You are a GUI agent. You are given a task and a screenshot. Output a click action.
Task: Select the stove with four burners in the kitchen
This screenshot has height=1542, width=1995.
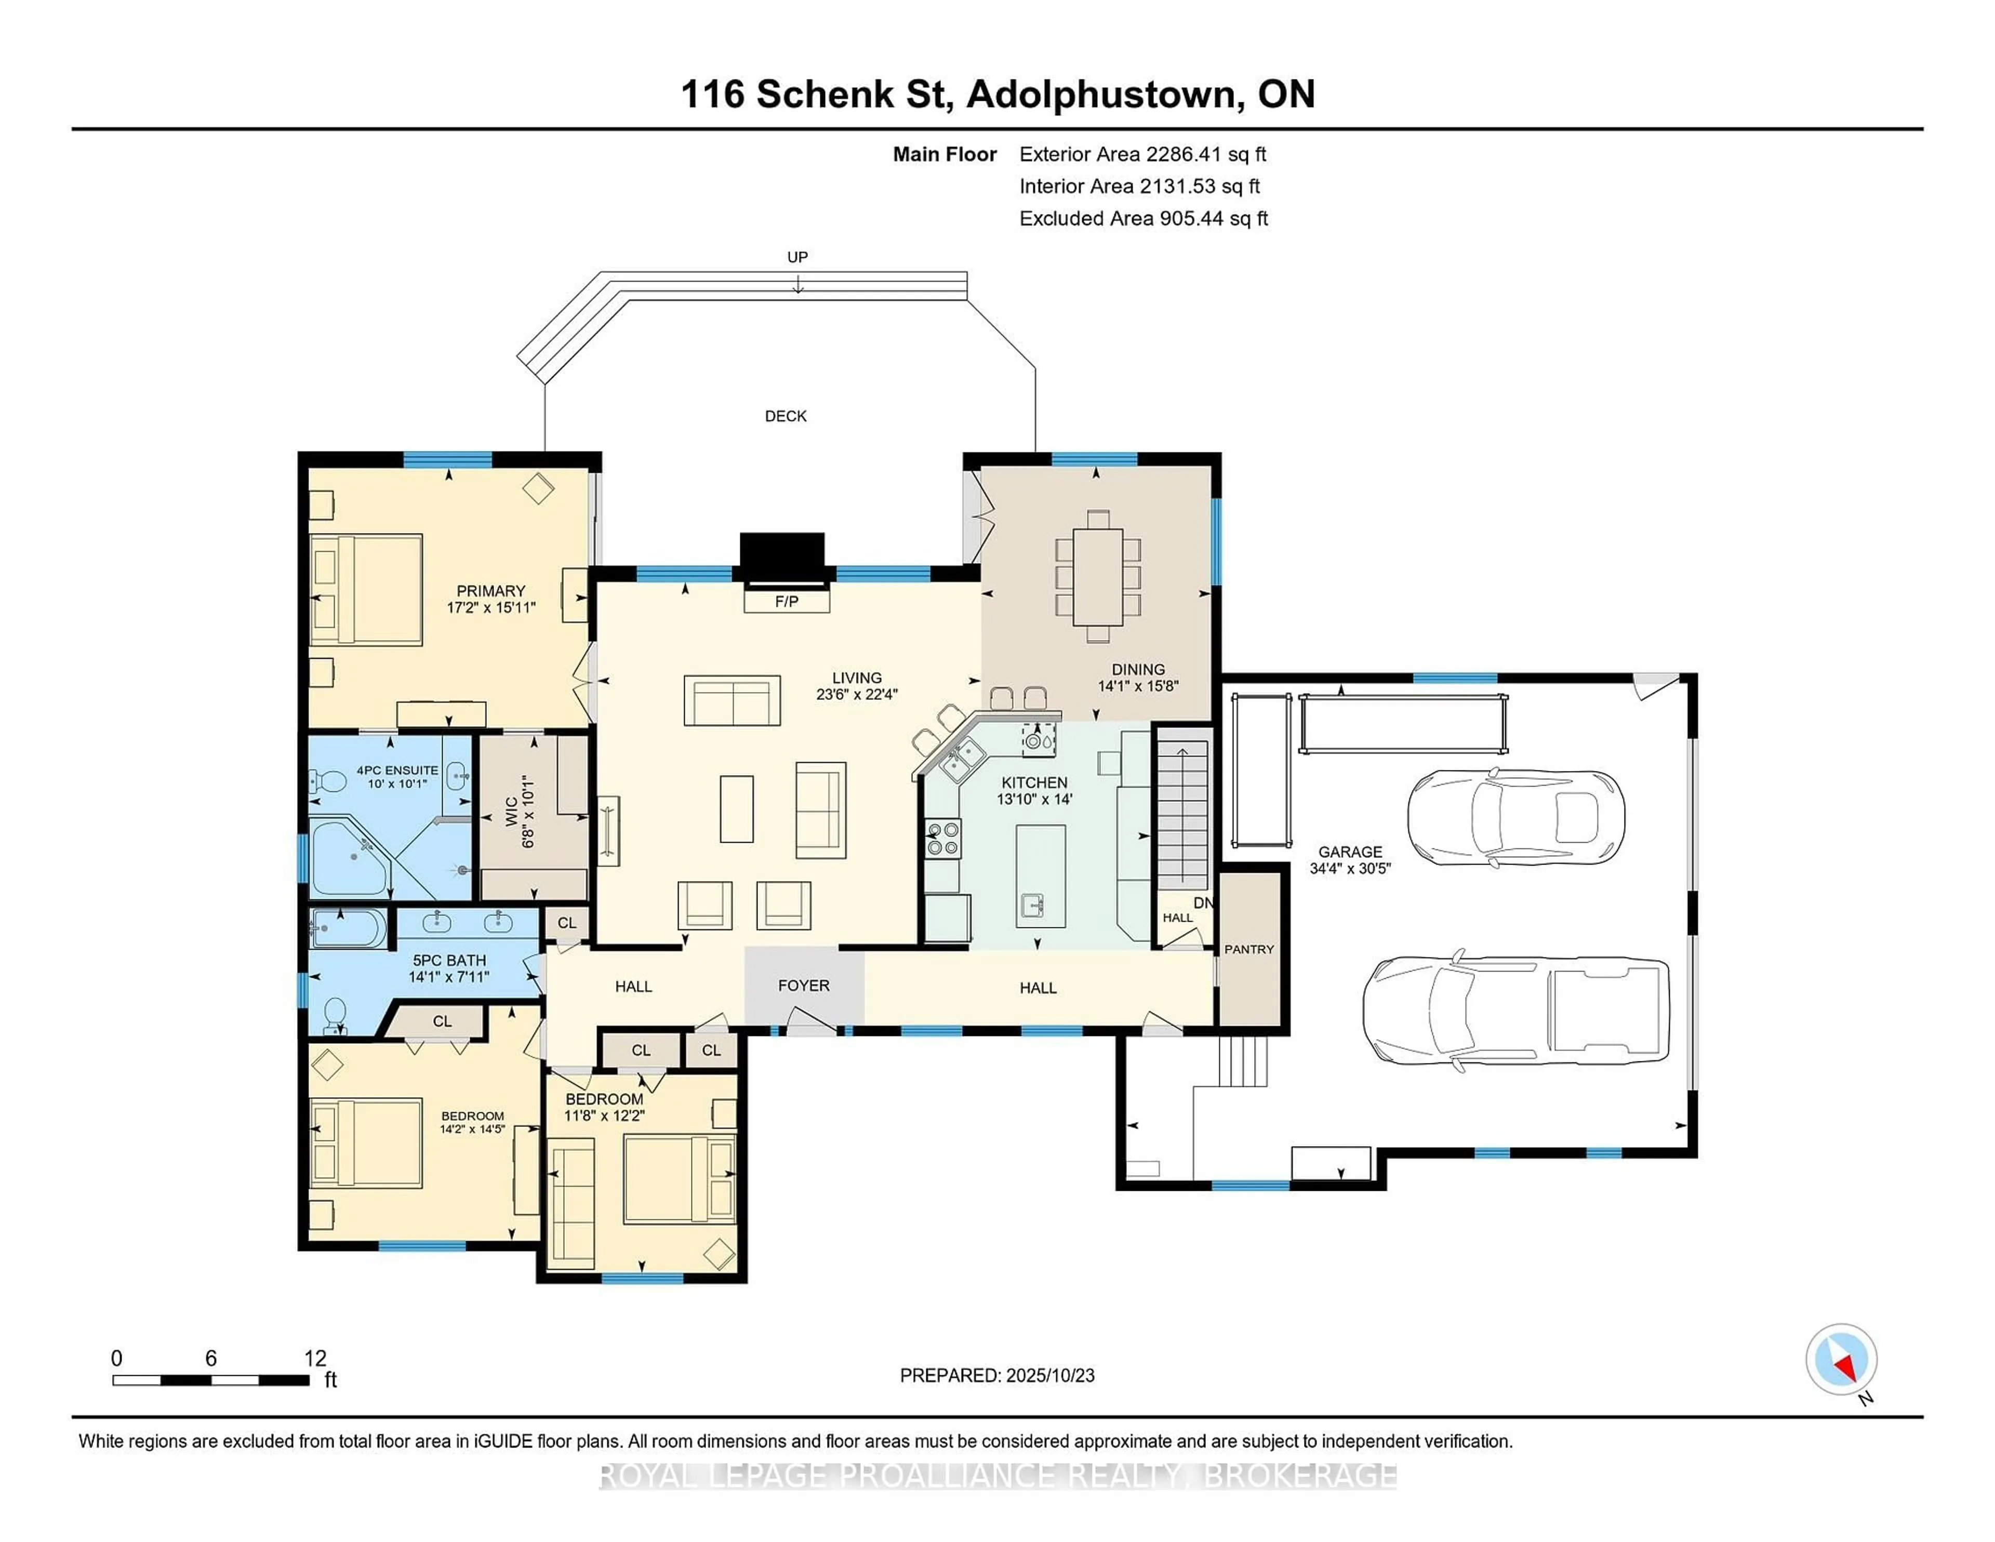[943, 839]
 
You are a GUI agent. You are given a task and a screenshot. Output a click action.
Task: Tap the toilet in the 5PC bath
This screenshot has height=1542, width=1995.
[335, 1012]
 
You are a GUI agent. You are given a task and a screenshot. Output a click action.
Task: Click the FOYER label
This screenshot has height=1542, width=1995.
[804, 986]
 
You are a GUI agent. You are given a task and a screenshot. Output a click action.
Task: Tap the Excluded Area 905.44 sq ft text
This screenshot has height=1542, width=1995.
[1143, 218]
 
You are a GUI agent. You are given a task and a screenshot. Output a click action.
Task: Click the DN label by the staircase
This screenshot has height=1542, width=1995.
[1203, 902]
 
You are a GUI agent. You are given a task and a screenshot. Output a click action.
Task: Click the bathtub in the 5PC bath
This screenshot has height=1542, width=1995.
[348, 928]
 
